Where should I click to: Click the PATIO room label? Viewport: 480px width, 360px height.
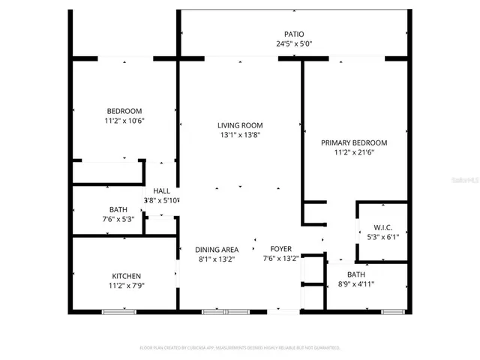point(294,34)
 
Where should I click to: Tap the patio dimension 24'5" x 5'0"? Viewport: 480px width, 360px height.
point(294,44)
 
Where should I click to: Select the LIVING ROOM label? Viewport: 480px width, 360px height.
point(240,125)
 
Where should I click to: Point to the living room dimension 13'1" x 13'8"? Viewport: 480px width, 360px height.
point(240,136)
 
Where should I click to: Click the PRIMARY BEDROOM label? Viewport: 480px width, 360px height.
point(354,142)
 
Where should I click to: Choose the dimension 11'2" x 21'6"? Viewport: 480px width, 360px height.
point(354,153)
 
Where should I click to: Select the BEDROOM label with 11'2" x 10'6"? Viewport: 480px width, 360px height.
point(124,111)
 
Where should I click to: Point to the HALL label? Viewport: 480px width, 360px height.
point(161,190)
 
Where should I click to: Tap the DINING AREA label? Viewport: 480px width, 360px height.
point(217,250)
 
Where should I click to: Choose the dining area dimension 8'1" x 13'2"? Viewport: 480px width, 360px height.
point(217,259)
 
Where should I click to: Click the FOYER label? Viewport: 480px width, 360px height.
point(280,249)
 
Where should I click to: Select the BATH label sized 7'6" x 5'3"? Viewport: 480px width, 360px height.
point(118,209)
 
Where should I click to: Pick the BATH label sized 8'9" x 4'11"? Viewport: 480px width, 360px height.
point(356,274)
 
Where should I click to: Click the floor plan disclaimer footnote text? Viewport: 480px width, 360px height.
point(240,348)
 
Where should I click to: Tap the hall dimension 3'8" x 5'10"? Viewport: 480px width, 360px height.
point(161,200)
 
